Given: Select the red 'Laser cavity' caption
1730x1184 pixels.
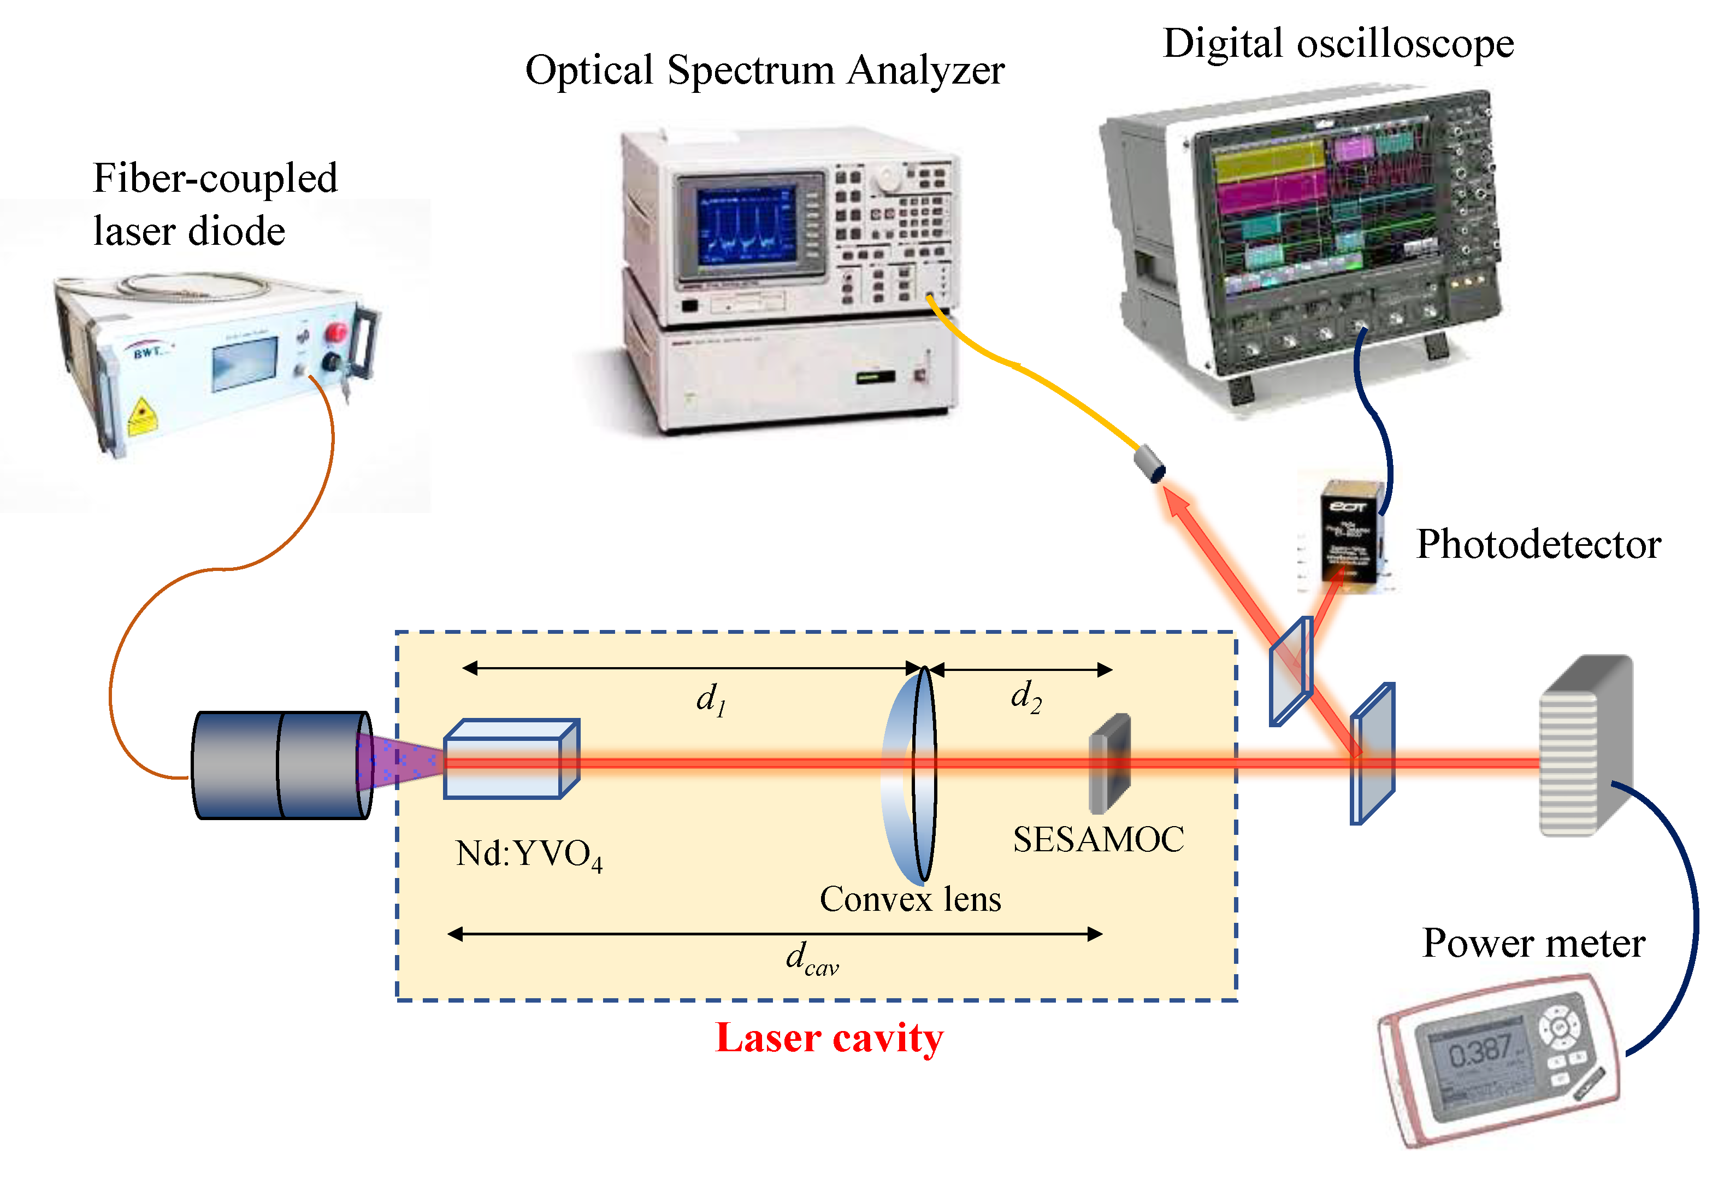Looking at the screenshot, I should point(829,1038).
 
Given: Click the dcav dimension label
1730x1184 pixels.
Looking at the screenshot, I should point(811,959).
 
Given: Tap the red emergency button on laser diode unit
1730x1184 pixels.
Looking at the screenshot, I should point(336,332).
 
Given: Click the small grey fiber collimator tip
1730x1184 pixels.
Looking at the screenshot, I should point(1149,463).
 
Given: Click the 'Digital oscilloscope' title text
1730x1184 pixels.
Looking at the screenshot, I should point(1338,43).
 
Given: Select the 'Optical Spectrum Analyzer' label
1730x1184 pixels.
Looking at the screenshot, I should point(765,70).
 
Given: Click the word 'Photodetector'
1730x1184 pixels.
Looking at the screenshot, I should point(1538,544).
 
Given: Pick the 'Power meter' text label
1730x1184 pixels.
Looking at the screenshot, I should point(1533,944).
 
